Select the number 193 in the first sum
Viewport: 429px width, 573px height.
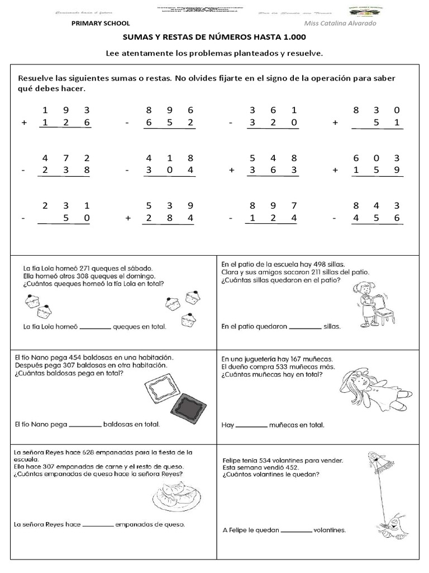tap(66, 110)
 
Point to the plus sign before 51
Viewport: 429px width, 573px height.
tap(335, 123)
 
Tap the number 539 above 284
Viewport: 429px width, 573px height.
tap(169, 205)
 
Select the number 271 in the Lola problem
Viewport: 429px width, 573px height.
tap(82, 268)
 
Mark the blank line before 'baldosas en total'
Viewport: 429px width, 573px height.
tap(85, 425)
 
